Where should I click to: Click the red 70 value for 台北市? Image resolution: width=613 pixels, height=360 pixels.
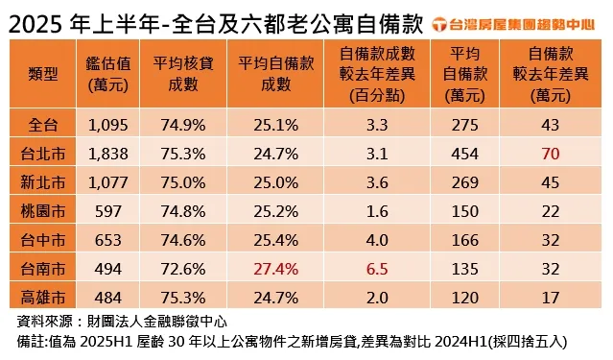pyautogui.click(x=550, y=153)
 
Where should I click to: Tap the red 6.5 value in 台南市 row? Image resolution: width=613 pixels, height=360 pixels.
pyautogui.click(x=376, y=270)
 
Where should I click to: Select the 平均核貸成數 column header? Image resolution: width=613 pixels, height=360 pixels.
pyautogui.click(x=179, y=75)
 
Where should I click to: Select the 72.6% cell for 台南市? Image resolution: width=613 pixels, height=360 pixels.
pyautogui.click(x=179, y=270)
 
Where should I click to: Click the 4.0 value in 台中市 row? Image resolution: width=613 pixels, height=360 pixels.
pyautogui.click(x=376, y=240)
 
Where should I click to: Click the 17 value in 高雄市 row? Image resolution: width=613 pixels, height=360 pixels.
pyautogui.click(x=550, y=299)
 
